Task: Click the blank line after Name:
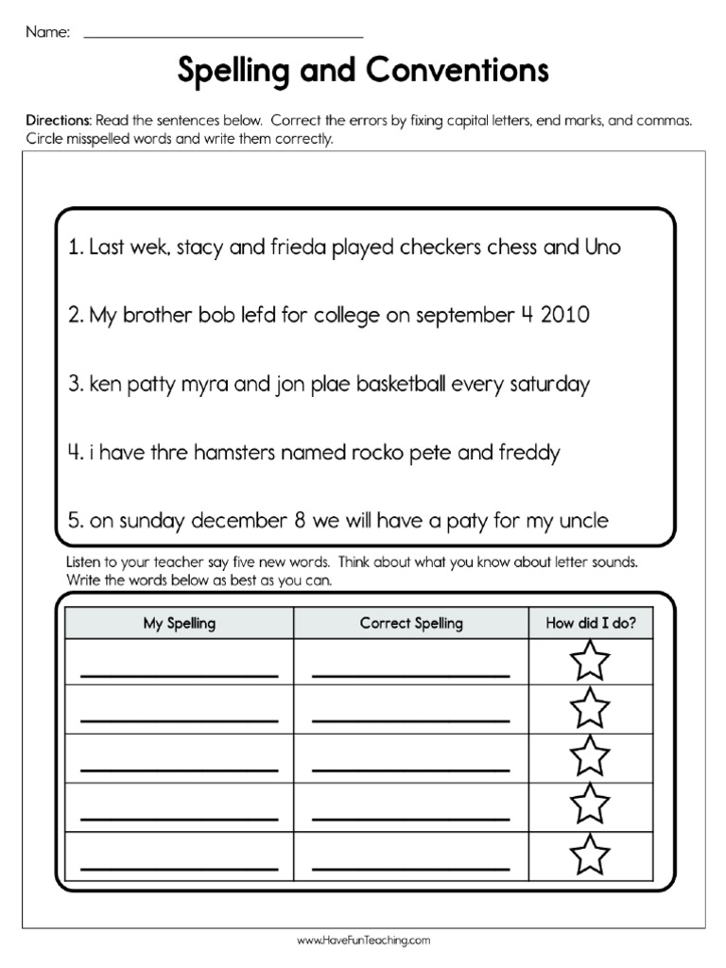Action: click(224, 34)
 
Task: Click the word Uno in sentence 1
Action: click(602, 248)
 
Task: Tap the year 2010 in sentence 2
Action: click(565, 316)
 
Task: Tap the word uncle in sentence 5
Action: click(584, 521)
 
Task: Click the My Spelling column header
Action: click(179, 623)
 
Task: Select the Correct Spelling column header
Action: click(411, 623)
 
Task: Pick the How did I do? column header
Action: click(591, 623)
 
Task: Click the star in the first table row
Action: click(591, 661)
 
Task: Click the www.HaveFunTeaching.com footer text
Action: click(364, 941)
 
